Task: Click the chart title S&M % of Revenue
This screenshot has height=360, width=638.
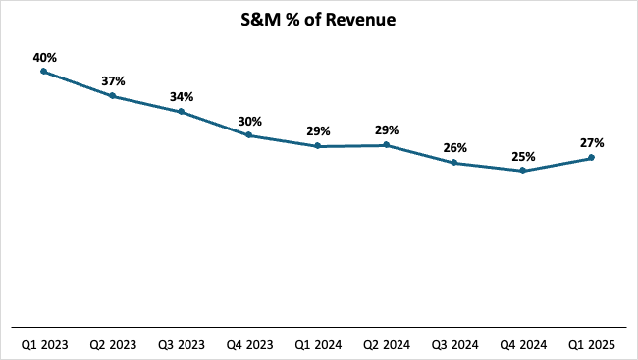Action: pos(319,20)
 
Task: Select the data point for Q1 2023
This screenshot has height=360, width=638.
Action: pos(44,72)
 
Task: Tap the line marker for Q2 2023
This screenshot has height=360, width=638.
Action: pos(113,95)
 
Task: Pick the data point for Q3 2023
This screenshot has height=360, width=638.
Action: pos(181,112)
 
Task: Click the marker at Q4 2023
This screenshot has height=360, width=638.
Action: pos(249,135)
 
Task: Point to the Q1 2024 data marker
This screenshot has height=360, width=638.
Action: pos(318,146)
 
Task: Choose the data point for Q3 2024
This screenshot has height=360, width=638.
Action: pos(454,163)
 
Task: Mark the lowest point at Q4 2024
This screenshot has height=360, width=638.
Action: pos(523,171)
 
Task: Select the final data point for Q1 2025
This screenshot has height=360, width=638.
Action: pos(591,157)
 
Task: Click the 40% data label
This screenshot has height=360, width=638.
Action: pos(44,58)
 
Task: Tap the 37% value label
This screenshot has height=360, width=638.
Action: pos(113,81)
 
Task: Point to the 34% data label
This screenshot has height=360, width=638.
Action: pos(181,97)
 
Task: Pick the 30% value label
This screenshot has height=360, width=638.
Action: pos(249,122)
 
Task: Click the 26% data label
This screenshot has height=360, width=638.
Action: pos(454,148)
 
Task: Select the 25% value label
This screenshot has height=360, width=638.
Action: pos(523,157)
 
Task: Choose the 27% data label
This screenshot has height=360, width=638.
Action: pos(591,143)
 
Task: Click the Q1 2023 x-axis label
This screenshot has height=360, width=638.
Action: pos(44,344)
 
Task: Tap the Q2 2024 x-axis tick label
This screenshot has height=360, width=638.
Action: pos(386,344)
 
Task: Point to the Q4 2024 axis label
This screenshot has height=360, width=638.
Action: pos(523,344)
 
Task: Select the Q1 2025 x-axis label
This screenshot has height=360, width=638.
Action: pos(591,344)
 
